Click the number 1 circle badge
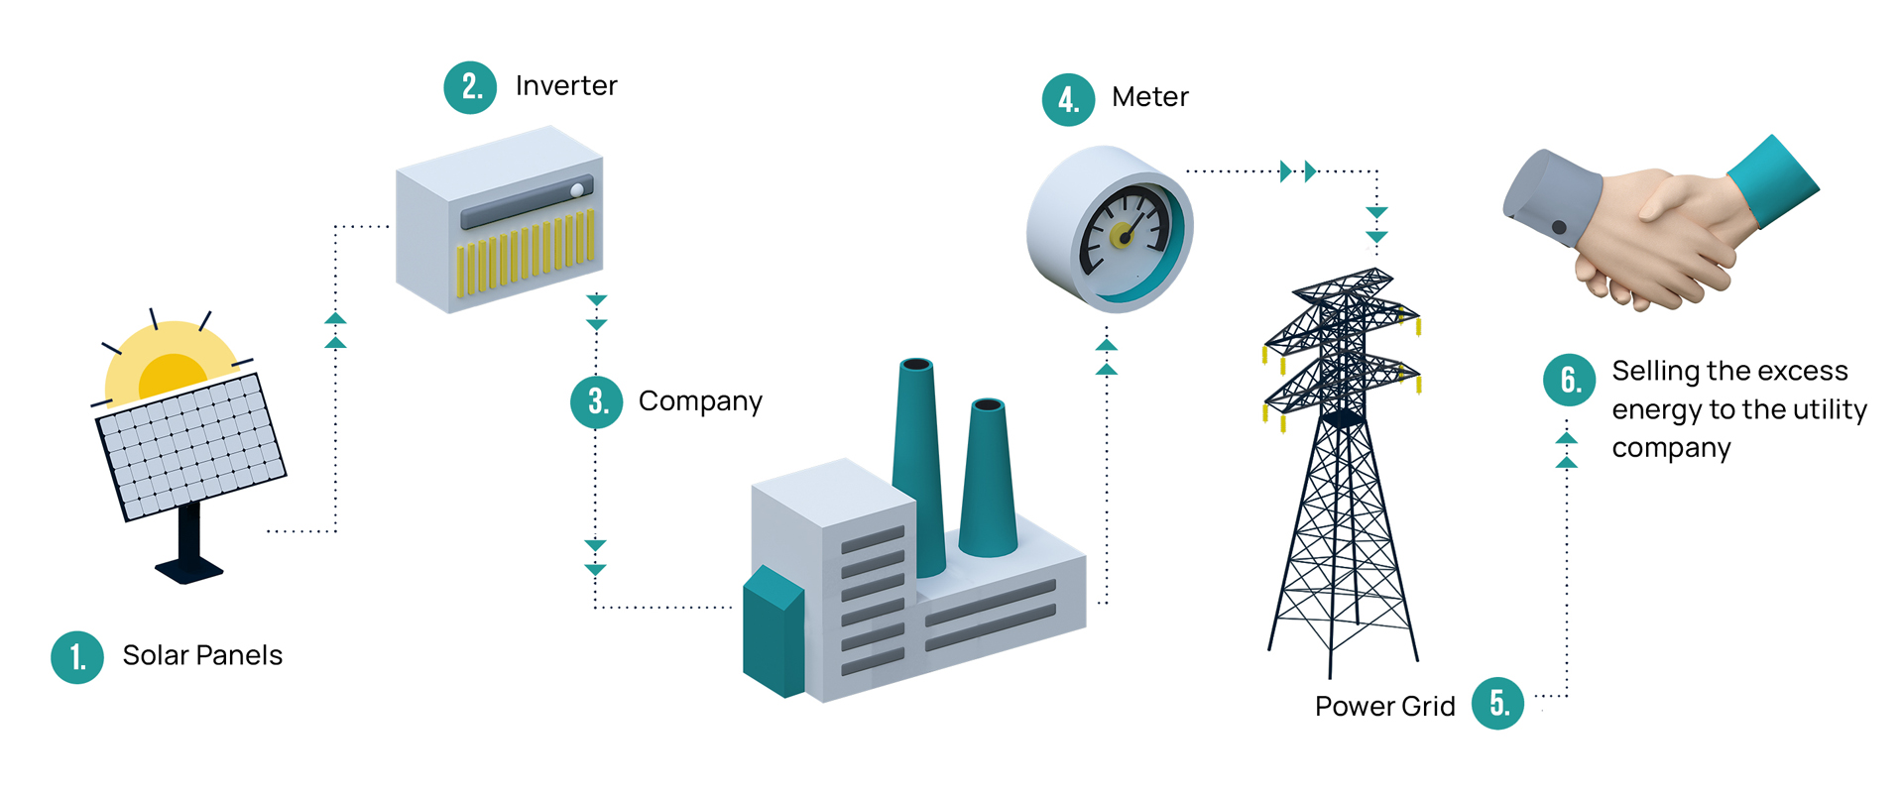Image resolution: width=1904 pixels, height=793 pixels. coord(77,657)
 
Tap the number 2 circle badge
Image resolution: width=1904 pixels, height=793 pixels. coord(470,87)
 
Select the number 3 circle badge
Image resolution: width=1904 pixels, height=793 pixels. coord(597,401)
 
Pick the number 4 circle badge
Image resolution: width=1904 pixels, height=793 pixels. coord(1068,99)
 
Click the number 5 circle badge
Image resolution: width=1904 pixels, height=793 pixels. coord(1497,704)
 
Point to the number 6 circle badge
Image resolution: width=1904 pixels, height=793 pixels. coord(1569,380)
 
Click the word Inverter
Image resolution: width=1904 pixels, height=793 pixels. coord(566,86)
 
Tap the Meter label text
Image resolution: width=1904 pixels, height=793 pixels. coord(1149,97)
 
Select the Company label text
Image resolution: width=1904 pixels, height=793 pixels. coord(700,401)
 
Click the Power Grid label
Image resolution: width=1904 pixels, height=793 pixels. coord(1384,706)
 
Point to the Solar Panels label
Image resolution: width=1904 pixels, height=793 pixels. coord(202,655)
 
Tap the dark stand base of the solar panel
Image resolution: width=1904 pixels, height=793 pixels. coord(188,569)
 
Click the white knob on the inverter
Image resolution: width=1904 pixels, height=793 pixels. coord(577,190)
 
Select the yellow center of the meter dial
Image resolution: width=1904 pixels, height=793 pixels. coord(1122,236)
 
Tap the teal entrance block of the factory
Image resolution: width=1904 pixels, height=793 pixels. coord(773,634)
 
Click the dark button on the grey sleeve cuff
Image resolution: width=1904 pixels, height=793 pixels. coord(1559,228)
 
